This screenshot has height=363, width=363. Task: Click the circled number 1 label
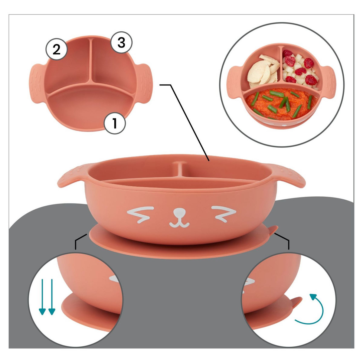pyautogui.click(x=114, y=123)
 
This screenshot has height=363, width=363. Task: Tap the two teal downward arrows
pyautogui.click(x=47, y=296)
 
